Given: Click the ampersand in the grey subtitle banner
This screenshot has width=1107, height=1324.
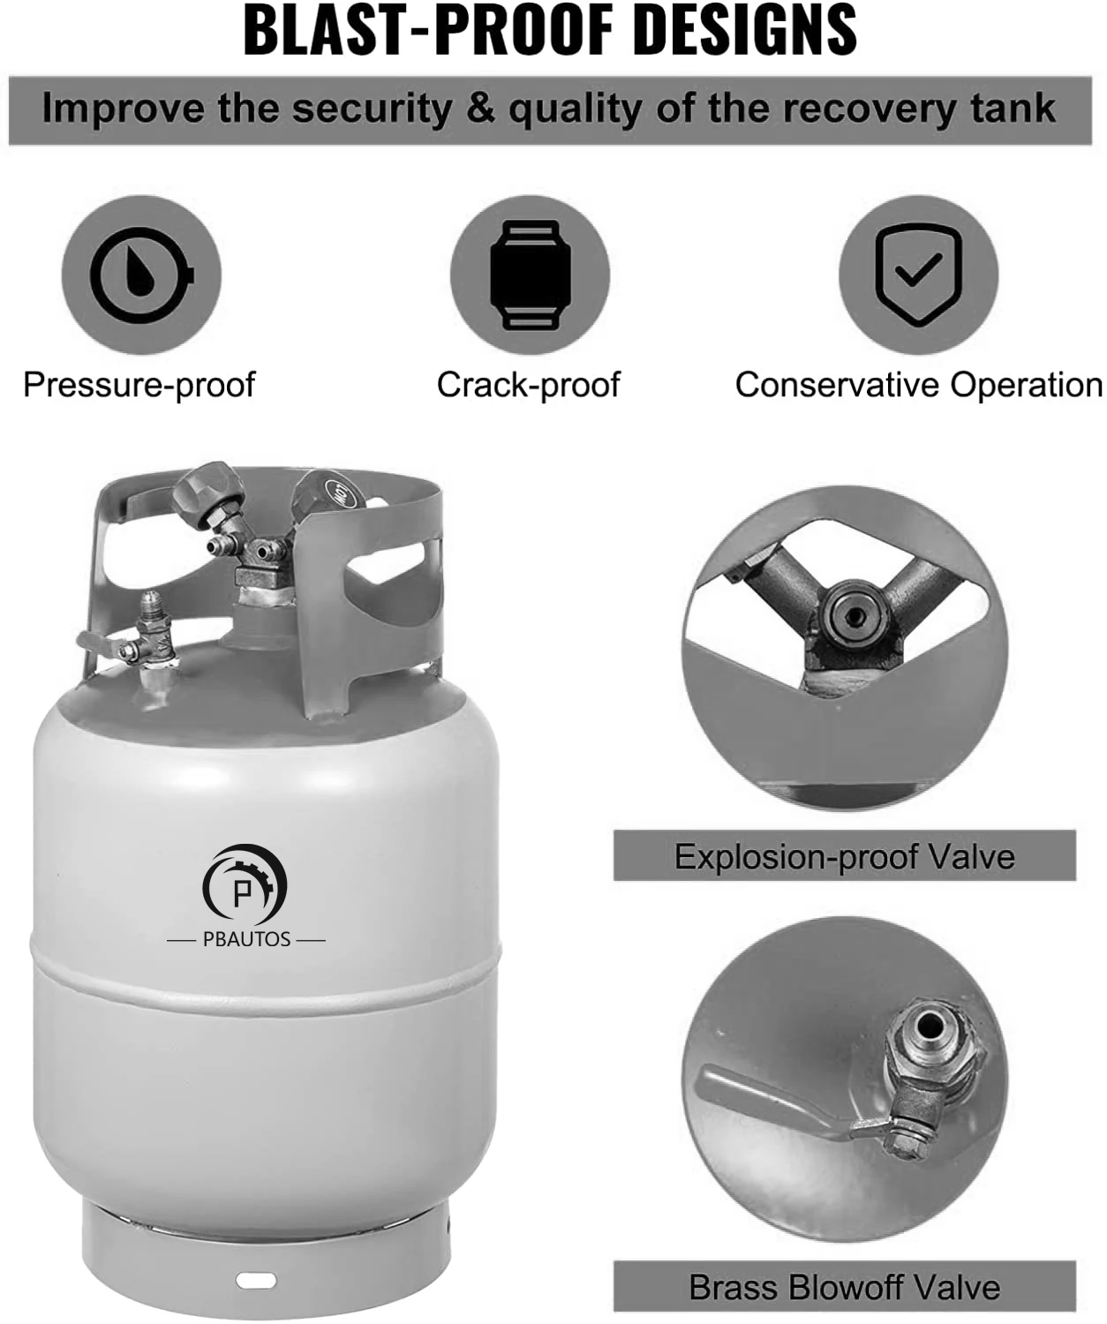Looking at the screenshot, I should point(480,109).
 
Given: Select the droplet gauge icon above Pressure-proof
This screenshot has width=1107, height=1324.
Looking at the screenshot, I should point(141,275).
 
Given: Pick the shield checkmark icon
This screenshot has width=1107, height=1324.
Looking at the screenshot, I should point(918,275).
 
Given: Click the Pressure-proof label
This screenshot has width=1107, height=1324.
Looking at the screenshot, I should point(139,385).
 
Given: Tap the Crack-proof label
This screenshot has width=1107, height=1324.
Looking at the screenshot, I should point(528,385).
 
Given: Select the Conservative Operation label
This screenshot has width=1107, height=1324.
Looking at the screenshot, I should point(918,385).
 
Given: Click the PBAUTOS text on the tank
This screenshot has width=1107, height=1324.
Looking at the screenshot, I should point(246,939).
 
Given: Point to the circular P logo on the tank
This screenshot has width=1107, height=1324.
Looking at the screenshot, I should point(245,888).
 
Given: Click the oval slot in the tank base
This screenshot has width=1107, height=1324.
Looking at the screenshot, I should point(256,1280).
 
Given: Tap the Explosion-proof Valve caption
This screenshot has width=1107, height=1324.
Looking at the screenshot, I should point(845,856).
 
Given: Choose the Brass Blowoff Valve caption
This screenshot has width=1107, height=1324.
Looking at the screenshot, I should point(845,1287).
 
